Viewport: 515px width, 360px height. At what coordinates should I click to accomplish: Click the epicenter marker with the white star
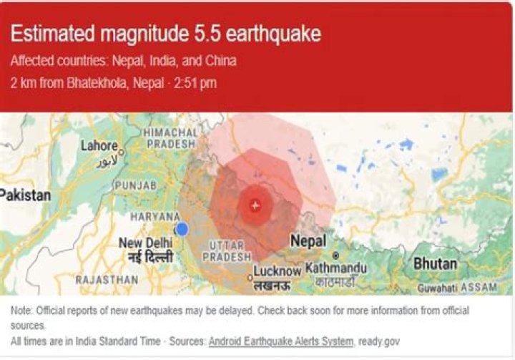pos(255,205)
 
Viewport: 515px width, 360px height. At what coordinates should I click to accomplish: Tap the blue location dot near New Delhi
pos(182,229)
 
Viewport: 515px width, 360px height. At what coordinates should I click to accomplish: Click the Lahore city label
pos(98,146)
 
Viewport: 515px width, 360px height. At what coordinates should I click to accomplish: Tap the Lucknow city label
pos(278,271)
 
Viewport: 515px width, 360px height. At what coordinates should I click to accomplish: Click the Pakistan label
pos(26,195)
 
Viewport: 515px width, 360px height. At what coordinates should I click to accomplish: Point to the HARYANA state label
pos(154,216)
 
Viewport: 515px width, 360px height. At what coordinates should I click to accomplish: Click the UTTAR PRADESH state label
pos(228,251)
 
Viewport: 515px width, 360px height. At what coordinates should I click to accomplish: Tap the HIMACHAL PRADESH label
pos(170,138)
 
